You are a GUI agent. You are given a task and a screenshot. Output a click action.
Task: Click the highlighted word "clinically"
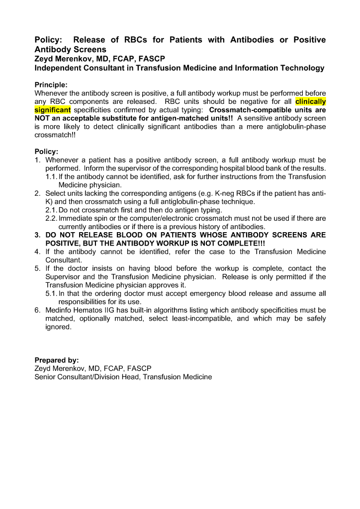(x=310, y=101)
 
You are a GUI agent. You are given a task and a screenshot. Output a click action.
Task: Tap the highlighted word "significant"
(x=53, y=109)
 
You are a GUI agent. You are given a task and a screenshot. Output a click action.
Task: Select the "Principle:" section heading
(x=51, y=85)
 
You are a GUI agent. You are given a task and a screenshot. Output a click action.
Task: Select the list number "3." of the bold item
(x=38, y=235)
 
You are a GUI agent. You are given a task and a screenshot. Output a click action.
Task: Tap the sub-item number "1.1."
(x=51, y=176)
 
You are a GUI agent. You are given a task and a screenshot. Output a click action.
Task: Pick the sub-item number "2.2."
(x=51, y=218)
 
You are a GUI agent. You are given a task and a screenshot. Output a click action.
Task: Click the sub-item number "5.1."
(x=51, y=294)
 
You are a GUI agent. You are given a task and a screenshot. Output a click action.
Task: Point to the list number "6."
(x=38, y=310)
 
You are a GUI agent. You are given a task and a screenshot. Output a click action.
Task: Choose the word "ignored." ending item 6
(x=58, y=328)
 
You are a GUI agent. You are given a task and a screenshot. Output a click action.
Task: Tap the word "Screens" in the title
(x=90, y=50)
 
